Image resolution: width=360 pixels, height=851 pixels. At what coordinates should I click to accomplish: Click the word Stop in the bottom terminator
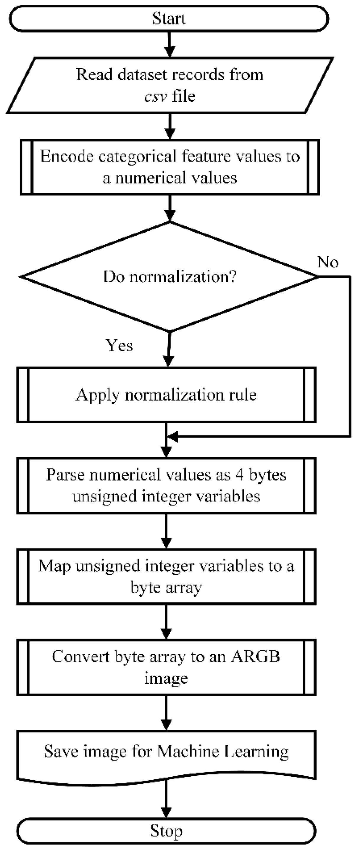(x=166, y=831)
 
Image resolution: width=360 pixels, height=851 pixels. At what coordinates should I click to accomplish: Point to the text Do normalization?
(x=170, y=276)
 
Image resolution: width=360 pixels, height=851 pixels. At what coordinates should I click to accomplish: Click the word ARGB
(x=255, y=657)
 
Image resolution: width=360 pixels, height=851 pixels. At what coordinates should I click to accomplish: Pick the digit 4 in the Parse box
(x=239, y=475)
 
